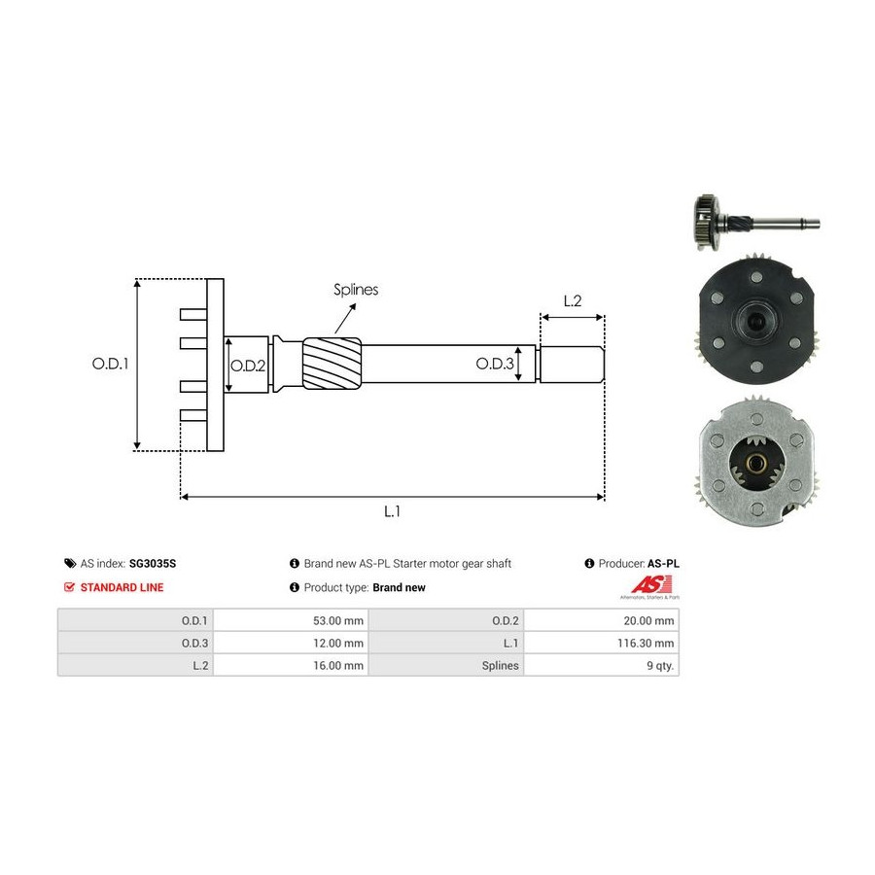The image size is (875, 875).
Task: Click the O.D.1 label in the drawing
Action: pyautogui.click(x=110, y=364)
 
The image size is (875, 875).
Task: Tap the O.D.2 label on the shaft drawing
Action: pyautogui.click(x=248, y=367)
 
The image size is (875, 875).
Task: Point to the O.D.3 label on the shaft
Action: pyautogui.click(x=495, y=364)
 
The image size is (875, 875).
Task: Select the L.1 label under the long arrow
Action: pyautogui.click(x=393, y=511)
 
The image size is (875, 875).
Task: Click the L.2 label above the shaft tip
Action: pyautogui.click(x=573, y=300)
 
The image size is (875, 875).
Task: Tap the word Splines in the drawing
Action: pyautogui.click(x=356, y=290)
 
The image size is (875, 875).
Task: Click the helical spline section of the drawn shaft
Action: pyautogui.click(x=332, y=364)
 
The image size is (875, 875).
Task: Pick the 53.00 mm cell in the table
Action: pyautogui.click(x=338, y=620)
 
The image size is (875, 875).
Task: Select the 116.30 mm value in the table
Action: pyautogui.click(x=646, y=643)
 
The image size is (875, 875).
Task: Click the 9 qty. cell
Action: pyautogui.click(x=660, y=666)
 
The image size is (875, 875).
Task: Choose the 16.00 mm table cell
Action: pyautogui.click(x=338, y=666)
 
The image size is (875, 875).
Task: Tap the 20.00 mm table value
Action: pyautogui.click(x=649, y=620)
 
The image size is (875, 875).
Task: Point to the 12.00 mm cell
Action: pyautogui.click(x=338, y=643)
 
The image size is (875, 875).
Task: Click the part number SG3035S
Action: pyautogui.click(x=153, y=564)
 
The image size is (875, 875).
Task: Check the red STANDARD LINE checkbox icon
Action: pyautogui.click(x=69, y=587)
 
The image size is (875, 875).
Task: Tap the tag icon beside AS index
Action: pyautogui.click(x=70, y=563)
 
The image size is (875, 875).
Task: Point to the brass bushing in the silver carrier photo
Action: pyautogui.click(x=756, y=463)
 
